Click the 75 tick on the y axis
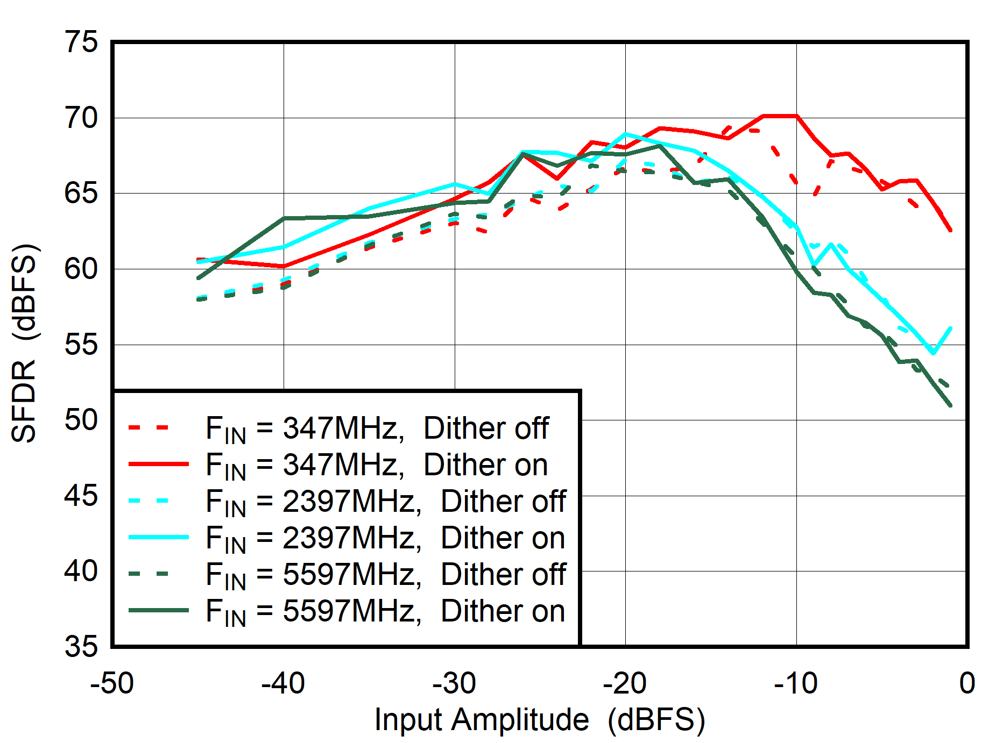coord(81,42)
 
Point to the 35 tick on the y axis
coord(81,646)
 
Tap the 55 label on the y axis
coord(81,344)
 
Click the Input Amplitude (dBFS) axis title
coord(540,719)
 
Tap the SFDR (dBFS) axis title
coord(24,344)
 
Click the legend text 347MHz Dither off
coord(377,429)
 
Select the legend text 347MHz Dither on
coord(377,465)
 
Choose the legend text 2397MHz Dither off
coord(385,502)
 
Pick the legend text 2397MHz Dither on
coord(385,538)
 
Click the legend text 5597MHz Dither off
coord(385,575)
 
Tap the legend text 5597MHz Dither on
coord(385,611)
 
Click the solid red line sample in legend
coord(159,463)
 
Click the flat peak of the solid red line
coord(780,116)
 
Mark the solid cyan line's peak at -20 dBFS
coord(625,134)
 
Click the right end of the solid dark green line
coord(951,405)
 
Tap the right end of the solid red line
coord(951,230)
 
